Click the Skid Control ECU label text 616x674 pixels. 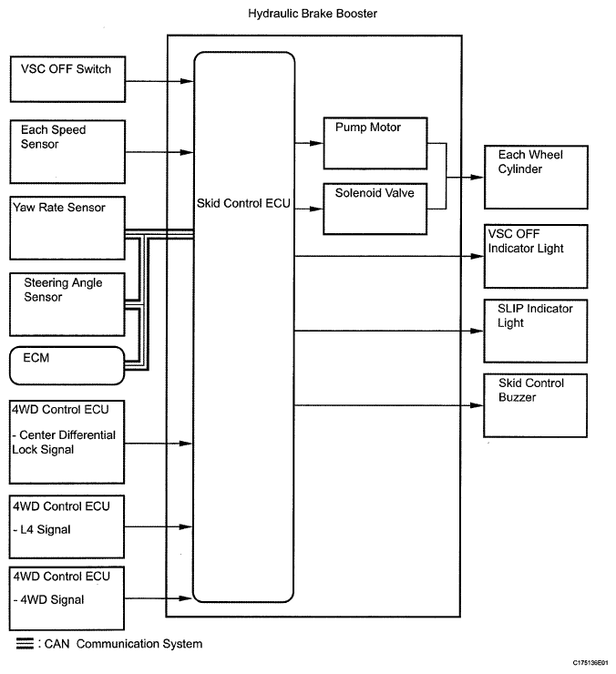(243, 203)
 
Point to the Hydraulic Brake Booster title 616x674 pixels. (313, 14)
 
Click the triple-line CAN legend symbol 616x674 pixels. (25, 643)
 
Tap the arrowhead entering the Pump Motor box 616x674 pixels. (316, 143)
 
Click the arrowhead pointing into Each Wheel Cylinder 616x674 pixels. (477, 177)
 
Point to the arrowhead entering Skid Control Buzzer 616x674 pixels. (477, 405)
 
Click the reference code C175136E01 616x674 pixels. (590, 663)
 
